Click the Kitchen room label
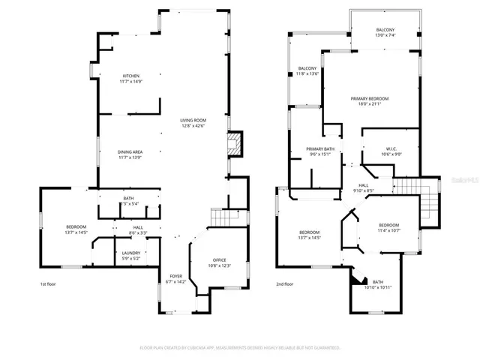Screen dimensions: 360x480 [132, 78]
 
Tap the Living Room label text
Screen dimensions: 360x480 [193, 123]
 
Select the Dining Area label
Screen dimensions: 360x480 [130, 154]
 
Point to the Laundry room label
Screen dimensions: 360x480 [130, 256]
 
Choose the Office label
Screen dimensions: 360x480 [219, 263]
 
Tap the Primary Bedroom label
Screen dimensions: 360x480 [368, 102]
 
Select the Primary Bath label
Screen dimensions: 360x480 [319, 152]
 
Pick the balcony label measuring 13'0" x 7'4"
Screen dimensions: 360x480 [385, 32]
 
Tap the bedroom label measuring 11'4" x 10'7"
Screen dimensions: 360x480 [388, 228]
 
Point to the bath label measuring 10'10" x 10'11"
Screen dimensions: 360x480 [377, 285]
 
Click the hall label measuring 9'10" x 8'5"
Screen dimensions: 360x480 [363, 187]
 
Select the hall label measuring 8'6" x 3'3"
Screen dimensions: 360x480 [138, 230]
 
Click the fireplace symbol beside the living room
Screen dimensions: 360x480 [235, 144]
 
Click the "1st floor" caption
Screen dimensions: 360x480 [49, 284]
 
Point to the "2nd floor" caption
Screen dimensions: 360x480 [284, 284]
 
